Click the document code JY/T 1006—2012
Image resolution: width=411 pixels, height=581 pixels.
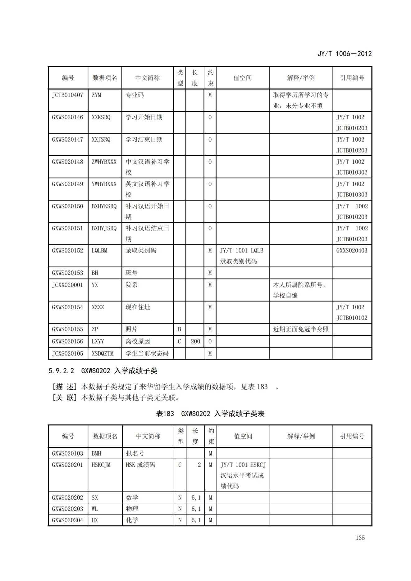coord(344,54)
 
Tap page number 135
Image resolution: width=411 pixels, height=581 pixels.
coord(360,538)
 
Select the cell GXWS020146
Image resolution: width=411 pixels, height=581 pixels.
coord(68,117)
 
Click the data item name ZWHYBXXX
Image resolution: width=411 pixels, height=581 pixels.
coord(104,162)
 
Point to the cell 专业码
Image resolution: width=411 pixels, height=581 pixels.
coord(135,95)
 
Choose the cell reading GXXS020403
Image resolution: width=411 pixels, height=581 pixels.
coord(352,251)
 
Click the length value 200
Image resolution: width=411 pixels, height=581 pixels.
coord(195,342)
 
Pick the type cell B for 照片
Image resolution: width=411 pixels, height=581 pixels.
coord(179,329)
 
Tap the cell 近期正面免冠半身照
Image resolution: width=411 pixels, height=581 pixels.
coord(301,329)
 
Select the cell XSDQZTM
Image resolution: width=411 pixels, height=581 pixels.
coord(103,354)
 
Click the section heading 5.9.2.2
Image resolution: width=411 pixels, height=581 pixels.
coord(62,371)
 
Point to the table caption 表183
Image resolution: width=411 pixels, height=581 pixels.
coord(165,414)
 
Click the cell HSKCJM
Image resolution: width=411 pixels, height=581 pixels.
coord(101,465)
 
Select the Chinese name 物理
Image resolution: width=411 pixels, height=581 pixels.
coord(132,509)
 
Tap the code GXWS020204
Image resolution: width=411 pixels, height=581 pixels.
coord(68,520)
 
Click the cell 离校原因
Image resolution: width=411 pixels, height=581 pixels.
coord(138,342)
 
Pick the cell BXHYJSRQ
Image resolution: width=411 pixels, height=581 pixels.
coord(104,229)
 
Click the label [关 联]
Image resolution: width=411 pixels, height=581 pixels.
coord(65,398)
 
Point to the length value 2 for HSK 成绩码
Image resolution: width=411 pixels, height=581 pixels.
coord(199,465)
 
